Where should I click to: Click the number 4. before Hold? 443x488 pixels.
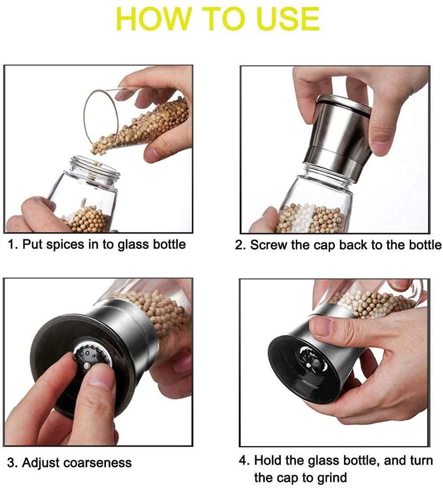pyautogui.click(x=245, y=460)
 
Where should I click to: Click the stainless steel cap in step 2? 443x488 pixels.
pyautogui.click(x=340, y=136)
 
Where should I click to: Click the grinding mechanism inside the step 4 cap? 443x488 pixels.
pyautogui.click(x=310, y=361)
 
